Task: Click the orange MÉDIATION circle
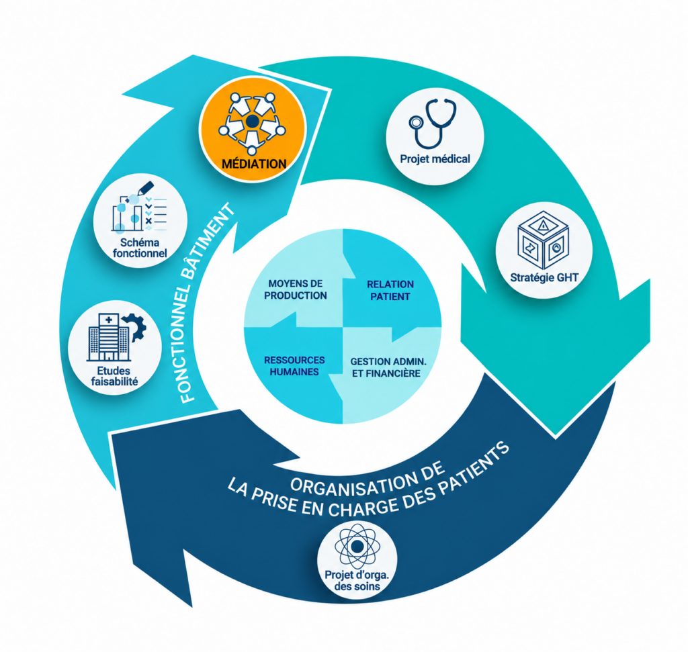pos(253,130)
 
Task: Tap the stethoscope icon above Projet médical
pos(433,124)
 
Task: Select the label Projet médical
pos(435,158)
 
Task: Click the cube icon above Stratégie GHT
pos(543,240)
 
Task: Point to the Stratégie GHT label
pos(544,277)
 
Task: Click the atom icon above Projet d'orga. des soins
pos(357,547)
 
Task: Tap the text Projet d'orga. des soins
pos(357,581)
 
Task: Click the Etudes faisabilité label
pos(114,376)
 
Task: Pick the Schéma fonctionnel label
pos(140,248)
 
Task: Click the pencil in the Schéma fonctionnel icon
pos(146,188)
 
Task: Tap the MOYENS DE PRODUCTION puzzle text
pos(296,289)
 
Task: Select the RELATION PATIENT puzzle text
pos(390,290)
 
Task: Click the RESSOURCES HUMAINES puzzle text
pos(294,366)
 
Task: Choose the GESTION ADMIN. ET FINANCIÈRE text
pos(388,367)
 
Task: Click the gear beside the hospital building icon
pos(136,326)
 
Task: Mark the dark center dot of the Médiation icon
pos(252,122)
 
